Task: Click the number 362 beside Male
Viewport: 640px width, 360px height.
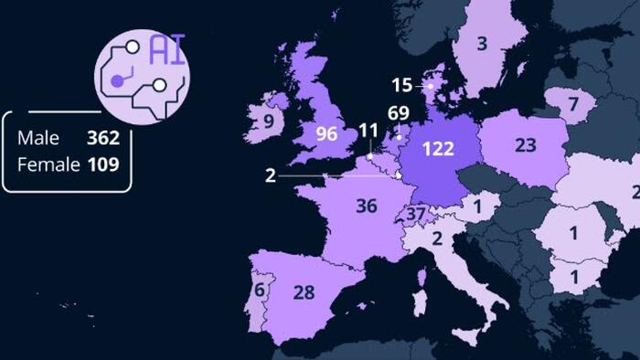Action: point(102,139)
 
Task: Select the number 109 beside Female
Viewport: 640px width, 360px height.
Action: point(102,164)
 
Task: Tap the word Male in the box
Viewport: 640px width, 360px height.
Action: point(38,139)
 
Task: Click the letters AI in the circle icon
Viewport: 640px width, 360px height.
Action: point(167,50)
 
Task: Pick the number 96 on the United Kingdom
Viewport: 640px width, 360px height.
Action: point(326,133)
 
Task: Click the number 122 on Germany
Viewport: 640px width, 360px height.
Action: point(438,148)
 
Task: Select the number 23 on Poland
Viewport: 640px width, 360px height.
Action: point(525,144)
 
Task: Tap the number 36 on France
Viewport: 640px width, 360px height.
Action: point(366,206)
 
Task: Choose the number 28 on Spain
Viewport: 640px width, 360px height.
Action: point(304,293)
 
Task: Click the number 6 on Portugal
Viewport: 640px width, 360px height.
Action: point(260,291)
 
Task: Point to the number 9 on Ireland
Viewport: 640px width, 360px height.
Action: point(269,121)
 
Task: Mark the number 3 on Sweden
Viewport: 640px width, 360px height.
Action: point(482,42)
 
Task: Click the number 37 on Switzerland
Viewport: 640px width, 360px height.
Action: point(416,215)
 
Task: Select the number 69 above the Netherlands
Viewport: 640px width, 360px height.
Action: point(399,113)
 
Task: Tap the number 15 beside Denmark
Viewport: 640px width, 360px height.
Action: point(402,85)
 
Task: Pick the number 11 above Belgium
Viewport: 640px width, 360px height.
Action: point(368,131)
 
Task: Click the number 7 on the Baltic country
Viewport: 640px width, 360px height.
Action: point(573,104)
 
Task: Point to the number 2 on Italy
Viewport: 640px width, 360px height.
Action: point(437,239)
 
